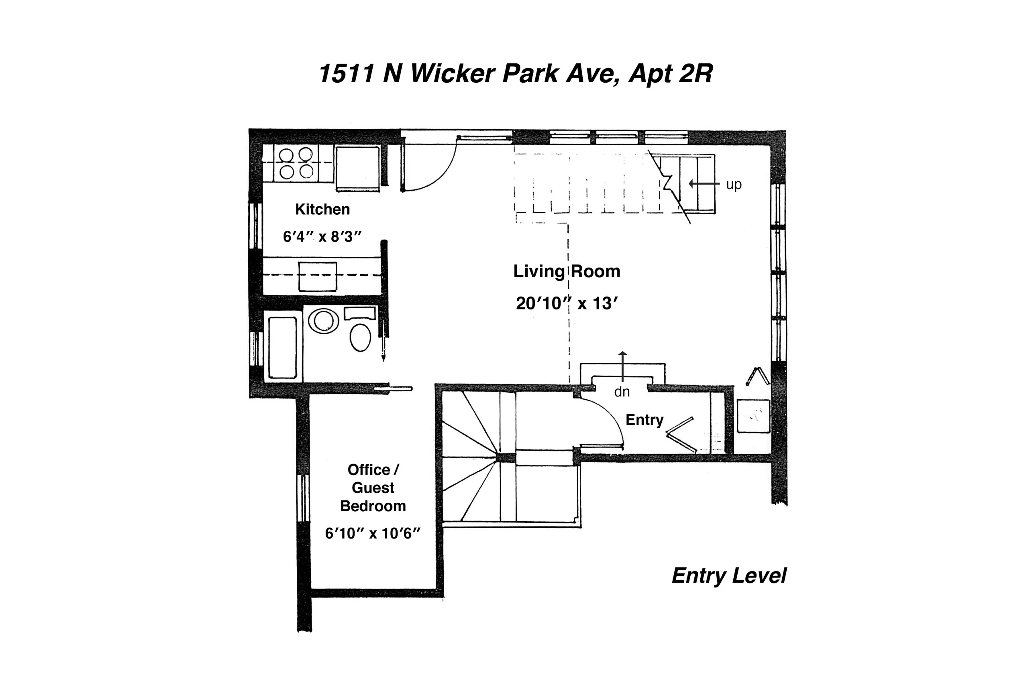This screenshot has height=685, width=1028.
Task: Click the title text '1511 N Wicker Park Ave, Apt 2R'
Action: (515, 73)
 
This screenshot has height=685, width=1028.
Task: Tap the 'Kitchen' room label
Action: (322, 209)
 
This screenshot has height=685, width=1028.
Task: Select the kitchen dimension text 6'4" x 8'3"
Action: (322, 236)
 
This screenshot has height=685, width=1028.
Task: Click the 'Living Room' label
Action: (567, 271)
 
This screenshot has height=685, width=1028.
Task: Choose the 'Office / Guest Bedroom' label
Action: (373, 488)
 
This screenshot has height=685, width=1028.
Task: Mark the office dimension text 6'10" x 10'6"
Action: (372, 533)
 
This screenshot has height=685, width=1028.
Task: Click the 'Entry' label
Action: (644, 420)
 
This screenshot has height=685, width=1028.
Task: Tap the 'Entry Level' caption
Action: (728, 575)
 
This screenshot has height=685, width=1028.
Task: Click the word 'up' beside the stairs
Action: (734, 184)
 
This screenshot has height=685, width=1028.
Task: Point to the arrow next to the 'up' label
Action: (704, 184)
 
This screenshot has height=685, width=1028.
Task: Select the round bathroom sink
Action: (323, 321)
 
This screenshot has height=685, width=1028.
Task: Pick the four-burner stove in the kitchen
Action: (296, 163)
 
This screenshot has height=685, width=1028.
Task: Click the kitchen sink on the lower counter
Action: (318, 276)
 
